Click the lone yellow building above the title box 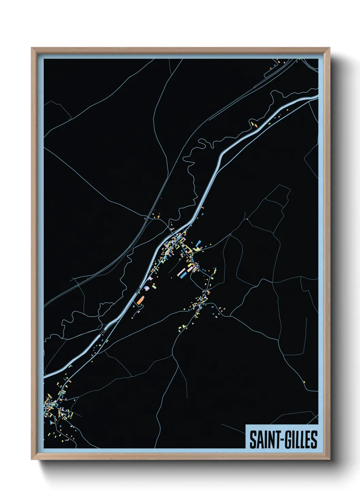(304, 382)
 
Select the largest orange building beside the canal (141, 300)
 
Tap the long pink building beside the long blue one (181, 272)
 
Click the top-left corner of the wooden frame (32, 48)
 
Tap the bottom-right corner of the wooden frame (330, 459)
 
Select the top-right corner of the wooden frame (330, 48)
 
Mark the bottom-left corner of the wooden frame (32, 459)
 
